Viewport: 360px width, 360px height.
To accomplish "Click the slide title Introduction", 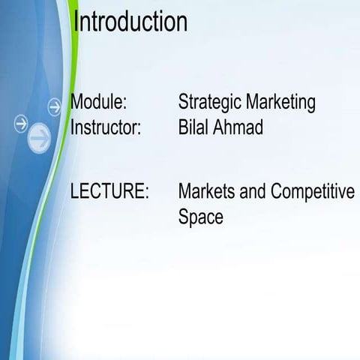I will coord(130,21).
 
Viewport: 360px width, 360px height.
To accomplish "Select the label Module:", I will coord(98,102).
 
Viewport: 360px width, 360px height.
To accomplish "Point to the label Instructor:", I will coord(106,127).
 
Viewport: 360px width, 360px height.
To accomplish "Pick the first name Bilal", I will coord(194,127).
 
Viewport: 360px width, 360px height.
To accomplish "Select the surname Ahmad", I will coord(239,127).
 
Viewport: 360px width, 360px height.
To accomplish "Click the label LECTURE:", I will coord(109,191).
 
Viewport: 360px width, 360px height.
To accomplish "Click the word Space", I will coord(200,217).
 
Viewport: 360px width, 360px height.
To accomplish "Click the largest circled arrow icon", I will coord(40,137).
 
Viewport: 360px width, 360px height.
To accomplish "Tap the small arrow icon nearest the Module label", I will coord(54,106).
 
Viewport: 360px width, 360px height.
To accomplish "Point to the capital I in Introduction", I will coord(76,21).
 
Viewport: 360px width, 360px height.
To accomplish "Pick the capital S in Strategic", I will coord(184,102).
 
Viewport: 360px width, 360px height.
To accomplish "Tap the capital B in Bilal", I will coord(184,127).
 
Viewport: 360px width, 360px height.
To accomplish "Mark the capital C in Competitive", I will coord(277,191).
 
